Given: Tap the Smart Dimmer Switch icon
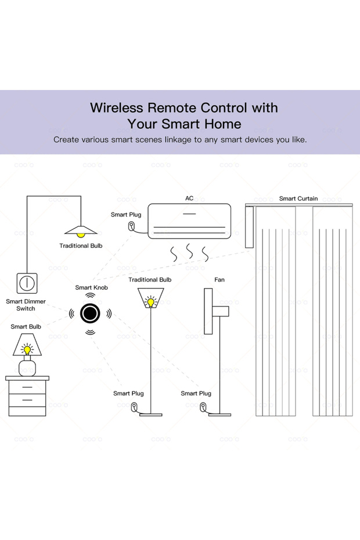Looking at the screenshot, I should (27, 283).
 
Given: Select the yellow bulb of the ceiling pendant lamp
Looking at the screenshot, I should (81, 234).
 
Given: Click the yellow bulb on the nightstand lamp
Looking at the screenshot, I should (27, 350).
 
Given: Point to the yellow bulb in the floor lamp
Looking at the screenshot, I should (150, 302).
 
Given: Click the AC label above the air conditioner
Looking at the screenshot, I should (189, 199).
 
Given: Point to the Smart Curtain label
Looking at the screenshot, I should (298, 199).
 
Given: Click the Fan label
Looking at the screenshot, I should (219, 280).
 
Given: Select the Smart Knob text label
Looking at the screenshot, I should (91, 287).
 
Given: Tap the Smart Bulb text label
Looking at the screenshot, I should (26, 327).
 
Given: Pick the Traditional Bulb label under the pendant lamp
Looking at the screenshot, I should (81, 246).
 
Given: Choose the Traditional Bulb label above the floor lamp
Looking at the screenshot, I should (150, 280).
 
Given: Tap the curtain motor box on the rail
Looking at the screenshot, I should (250, 226).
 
